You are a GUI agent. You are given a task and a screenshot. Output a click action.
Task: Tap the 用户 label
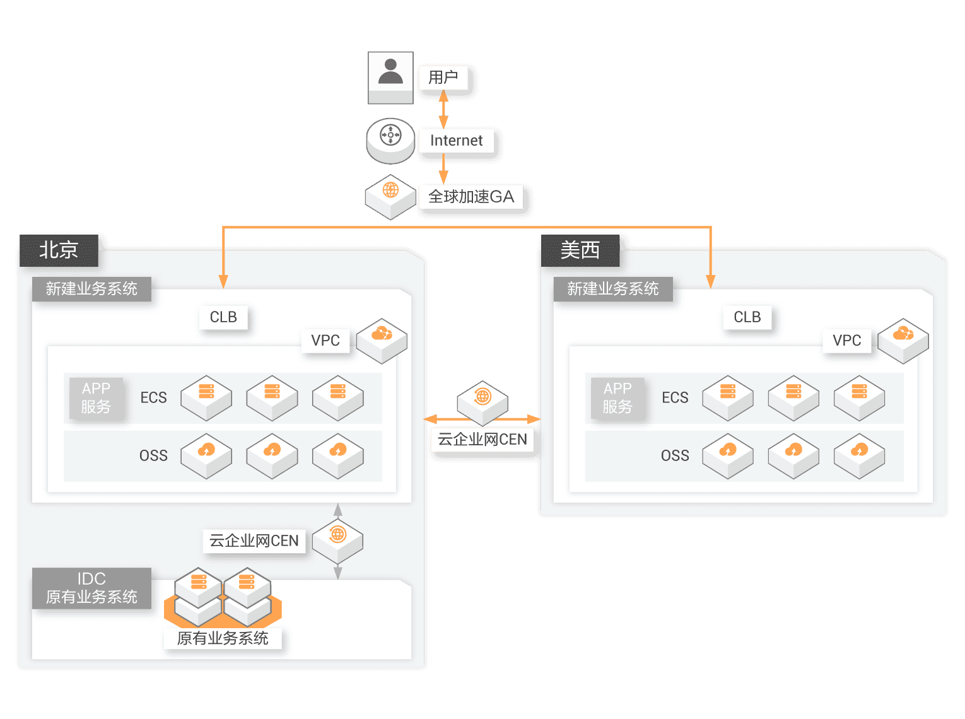tap(443, 78)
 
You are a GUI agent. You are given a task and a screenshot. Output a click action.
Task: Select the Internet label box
tap(456, 141)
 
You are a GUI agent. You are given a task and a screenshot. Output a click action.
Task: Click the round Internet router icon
tap(390, 139)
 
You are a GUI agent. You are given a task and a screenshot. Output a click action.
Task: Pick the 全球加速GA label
tap(471, 197)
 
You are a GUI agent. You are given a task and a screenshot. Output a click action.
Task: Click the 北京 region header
tap(59, 250)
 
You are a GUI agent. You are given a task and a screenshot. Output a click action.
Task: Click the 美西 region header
tap(580, 250)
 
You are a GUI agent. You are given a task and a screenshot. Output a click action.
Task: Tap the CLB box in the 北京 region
tap(223, 317)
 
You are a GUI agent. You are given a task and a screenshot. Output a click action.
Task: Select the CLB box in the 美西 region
tap(747, 317)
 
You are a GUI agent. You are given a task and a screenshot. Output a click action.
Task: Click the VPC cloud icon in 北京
tap(382, 340)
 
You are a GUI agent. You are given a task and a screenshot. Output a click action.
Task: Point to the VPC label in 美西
tap(846, 341)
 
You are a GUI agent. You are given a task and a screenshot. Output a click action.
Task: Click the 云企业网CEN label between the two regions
tap(482, 439)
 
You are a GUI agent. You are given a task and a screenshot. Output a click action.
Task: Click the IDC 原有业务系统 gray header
tap(91, 588)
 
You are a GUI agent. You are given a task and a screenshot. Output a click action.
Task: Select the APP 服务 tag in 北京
tap(96, 397)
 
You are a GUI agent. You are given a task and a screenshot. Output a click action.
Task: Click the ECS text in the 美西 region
tap(675, 397)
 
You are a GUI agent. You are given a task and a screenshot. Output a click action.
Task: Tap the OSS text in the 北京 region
tap(153, 455)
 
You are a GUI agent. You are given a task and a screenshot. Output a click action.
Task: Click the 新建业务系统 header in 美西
tap(612, 289)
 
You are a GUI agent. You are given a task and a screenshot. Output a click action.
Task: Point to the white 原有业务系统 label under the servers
tap(223, 638)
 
